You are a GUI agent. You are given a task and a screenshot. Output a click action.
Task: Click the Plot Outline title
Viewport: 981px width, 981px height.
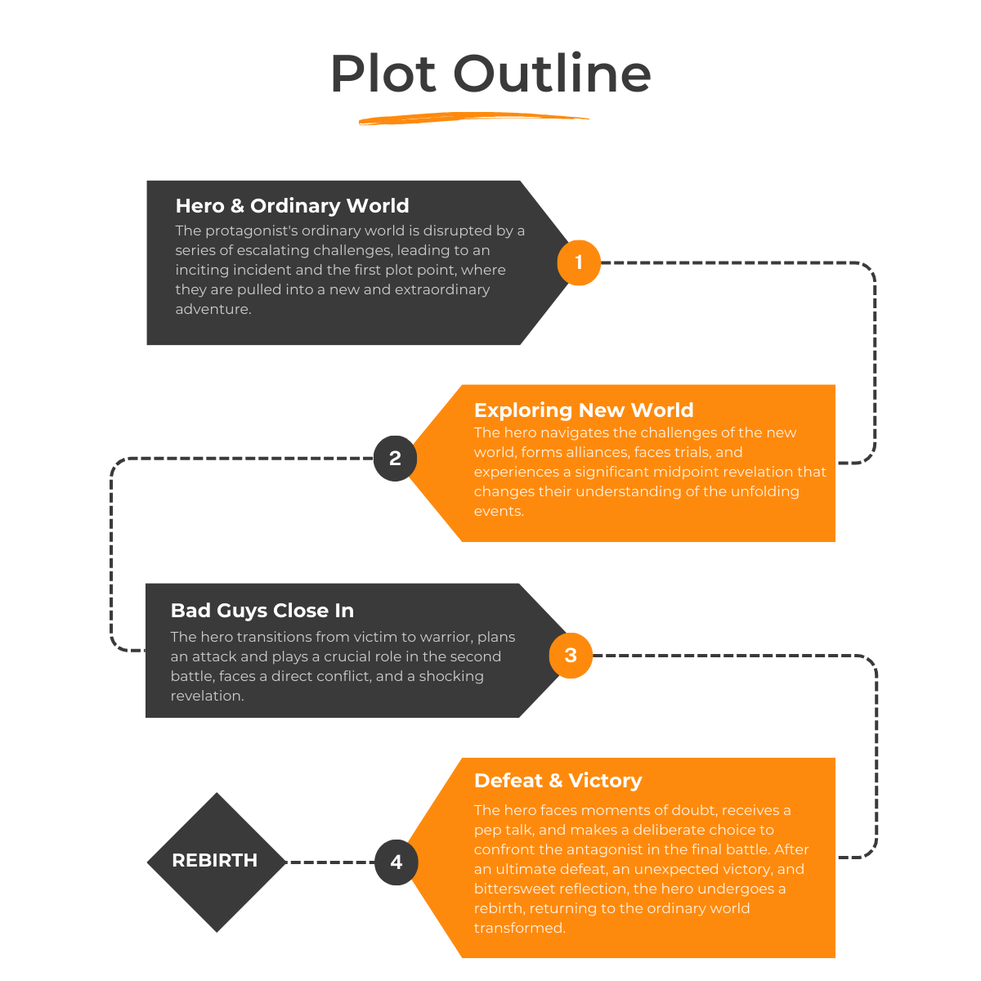tap(490, 74)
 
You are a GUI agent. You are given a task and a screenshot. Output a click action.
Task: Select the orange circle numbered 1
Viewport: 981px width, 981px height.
tap(579, 262)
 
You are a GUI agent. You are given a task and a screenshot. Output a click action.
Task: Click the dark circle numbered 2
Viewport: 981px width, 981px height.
tap(395, 458)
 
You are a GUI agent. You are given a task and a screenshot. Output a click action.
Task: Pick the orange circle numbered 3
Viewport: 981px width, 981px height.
tap(571, 655)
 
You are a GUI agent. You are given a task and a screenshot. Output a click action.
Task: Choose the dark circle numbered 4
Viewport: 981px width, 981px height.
tap(396, 862)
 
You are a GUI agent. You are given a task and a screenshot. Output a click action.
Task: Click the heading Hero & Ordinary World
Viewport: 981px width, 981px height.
tap(292, 206)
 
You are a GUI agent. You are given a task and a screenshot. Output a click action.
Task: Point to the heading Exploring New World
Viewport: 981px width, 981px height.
tap(584, 410)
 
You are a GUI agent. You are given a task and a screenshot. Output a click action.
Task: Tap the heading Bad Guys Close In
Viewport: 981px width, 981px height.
tap(262, 611)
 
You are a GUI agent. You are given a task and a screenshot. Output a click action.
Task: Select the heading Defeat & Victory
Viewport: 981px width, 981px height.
tap(558, 781)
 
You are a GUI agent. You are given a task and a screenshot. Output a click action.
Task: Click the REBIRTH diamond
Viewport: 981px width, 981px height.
tap(216, 861)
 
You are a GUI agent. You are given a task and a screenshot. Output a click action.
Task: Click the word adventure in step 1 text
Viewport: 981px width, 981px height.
tap(213, 309)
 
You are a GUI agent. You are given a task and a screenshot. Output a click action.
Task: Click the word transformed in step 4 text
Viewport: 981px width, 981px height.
tap(519, 928)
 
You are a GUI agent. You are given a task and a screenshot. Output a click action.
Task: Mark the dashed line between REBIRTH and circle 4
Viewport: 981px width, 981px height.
tap(330, 862)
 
